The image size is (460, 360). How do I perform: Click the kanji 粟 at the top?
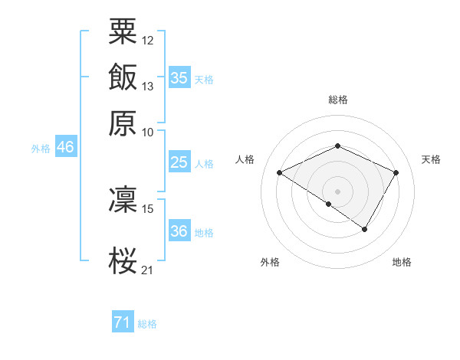[x=123, y=32]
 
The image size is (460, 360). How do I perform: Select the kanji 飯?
[x=123, y=78]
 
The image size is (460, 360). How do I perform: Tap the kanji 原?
[x=123, y=123]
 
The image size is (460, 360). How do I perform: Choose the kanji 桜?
[x=123, y=260]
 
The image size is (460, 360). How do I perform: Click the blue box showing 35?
[x=179, y=78]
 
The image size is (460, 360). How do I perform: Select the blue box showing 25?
[x=179, y=162]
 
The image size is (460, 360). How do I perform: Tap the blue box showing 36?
[x=179, y=231]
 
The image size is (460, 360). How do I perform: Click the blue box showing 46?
[x=65, y=147]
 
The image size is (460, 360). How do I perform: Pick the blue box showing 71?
[x=123, y=322]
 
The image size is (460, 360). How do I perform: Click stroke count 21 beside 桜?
[x=147, y=269]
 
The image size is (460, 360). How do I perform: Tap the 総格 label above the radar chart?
[x=337, y=100]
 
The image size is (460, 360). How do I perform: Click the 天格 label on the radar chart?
[x=431, y=159]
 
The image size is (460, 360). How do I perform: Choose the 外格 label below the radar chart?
[x=270, y=262]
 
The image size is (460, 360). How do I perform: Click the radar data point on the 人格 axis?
[x=280, y=173]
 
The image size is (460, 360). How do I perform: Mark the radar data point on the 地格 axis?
[x=365, y=229]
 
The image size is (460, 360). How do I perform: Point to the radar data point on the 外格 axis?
[x=329, y=204]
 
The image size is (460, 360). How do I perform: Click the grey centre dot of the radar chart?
[x=337, y=191]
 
